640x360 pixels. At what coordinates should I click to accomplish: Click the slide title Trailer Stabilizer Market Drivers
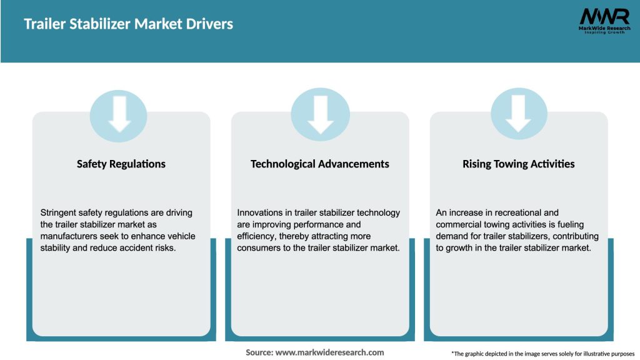click(128, 24)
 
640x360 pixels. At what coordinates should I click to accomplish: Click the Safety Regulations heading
click(121, 164)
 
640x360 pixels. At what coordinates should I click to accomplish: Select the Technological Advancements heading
click(319, 164)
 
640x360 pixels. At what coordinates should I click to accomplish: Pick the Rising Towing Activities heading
click(518, 164)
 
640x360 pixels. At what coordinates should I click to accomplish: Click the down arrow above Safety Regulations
click(119, 114)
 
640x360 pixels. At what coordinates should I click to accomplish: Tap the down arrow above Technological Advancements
click(320, 114)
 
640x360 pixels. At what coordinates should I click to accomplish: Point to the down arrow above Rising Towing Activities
click(518, 114)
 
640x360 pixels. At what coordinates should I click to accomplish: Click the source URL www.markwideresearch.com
click(329, 352)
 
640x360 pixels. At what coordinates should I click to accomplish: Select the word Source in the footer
click(259, 352)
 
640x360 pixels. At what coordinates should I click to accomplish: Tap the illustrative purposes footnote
click(542, 354)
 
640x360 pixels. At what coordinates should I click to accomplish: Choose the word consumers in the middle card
click(263, 248)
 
